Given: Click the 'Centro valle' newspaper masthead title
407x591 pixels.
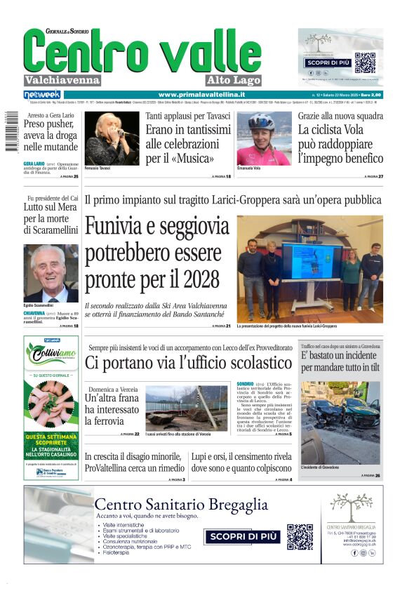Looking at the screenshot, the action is pyautogui.click(x=142, y=53).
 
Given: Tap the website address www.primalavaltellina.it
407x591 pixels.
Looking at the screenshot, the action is pyautogui.click(x=201, y=95).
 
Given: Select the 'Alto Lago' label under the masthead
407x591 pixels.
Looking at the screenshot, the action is pyautogui.click(x=234, y=80).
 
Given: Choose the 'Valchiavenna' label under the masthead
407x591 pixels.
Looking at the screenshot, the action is pyautogui.click(x=62, y=80).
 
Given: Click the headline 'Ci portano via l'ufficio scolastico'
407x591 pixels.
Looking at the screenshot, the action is pyautogui.click(x=188, y=364).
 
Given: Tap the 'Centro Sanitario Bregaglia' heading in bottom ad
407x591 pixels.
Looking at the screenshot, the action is pyautogui.click(x=181, y=504).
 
